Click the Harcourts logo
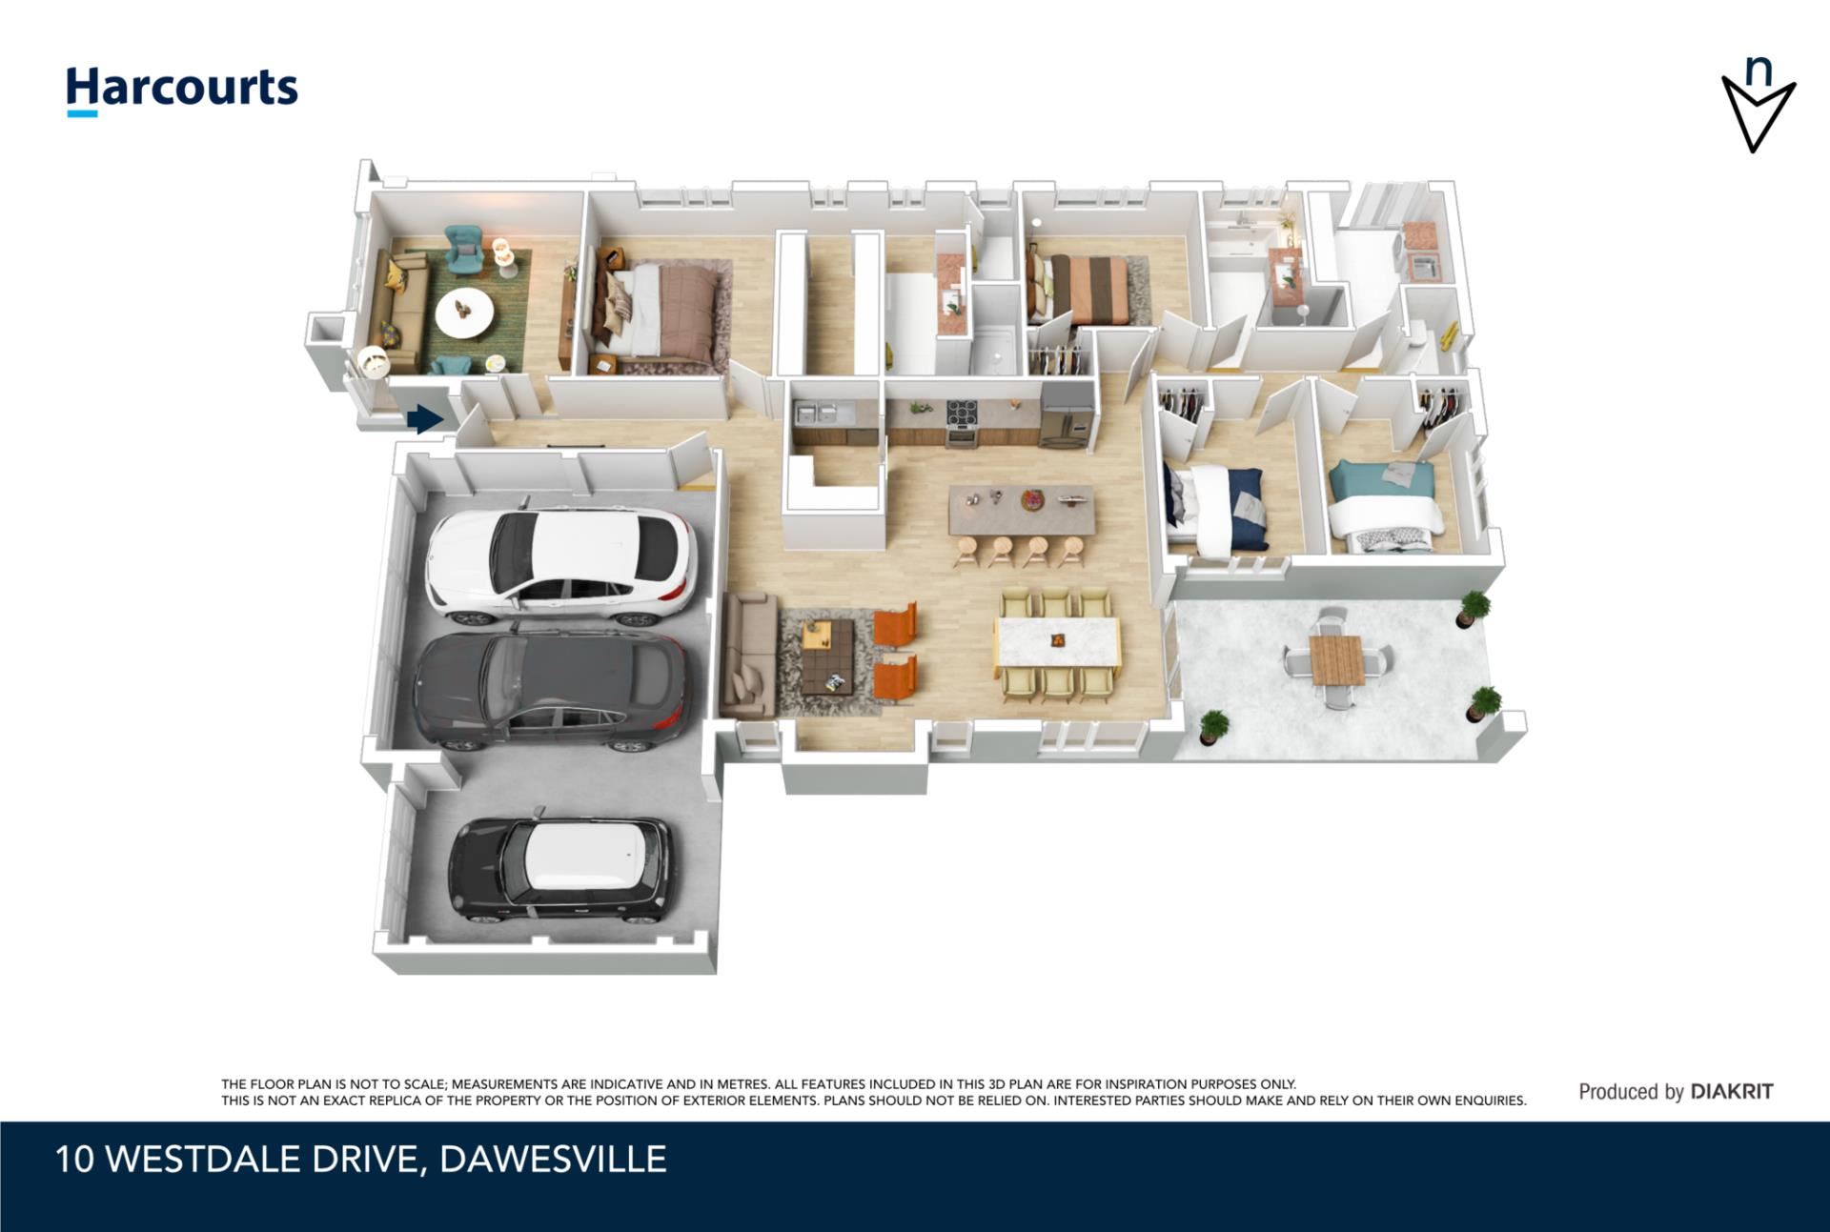pos(181,91)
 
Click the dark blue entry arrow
pos(424,418)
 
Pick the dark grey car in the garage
pos(549,687)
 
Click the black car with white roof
pos(560,869)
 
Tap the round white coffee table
pos(464,312)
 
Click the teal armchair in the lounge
pos(464,249)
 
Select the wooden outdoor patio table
pos(1337,659)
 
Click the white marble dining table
pos(1058,643)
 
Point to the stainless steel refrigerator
pos(1066,416)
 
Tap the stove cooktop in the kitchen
pos(961,413)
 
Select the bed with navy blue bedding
pos(1219,507)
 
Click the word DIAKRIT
pos(1732,1092)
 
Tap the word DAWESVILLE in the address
pos(554,1160)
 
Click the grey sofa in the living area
pos(748,655)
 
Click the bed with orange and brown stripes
pos(1081,289)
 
